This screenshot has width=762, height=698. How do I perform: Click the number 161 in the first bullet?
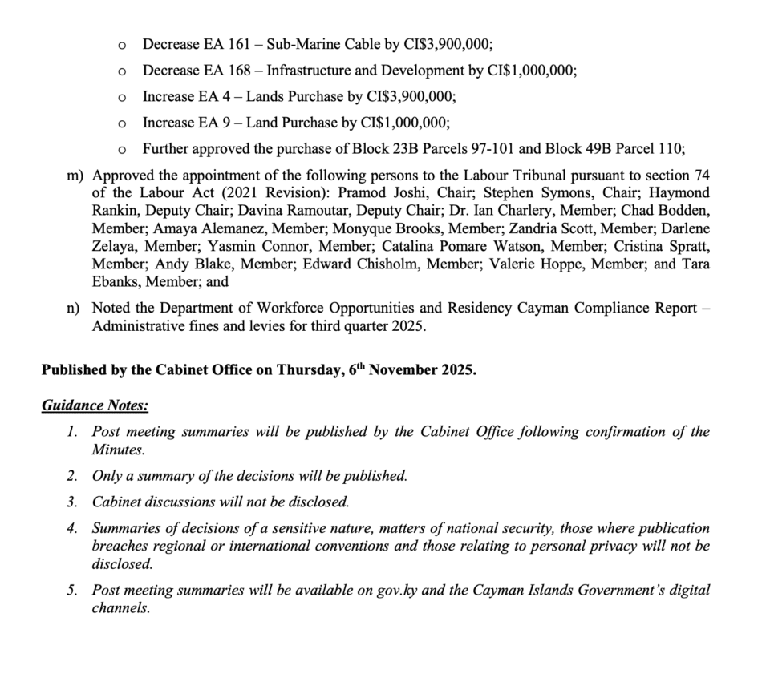click(216, 44)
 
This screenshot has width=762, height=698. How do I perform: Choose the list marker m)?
click(75, 174)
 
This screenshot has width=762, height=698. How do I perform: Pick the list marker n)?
click(75, 308)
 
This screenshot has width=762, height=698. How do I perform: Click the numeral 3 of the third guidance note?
click(71, 502)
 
